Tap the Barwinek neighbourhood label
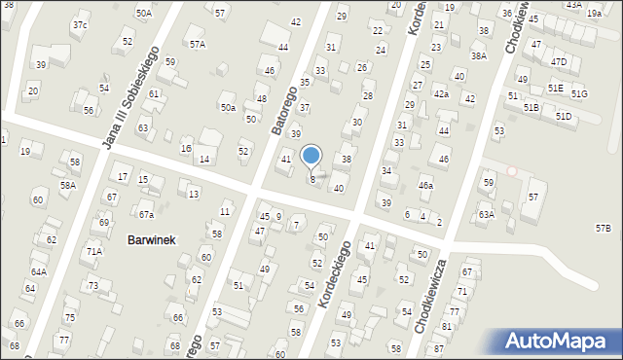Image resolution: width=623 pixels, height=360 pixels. pos(151,240)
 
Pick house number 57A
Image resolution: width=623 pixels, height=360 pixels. pos(198,44)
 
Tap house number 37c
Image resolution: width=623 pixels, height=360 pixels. pos(79,24)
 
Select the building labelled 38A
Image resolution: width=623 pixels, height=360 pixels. pos(479,55)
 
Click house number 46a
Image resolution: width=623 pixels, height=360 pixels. pos(425,185)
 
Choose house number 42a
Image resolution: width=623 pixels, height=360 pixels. pos(441,93)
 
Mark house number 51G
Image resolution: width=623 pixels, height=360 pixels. pos(579,93)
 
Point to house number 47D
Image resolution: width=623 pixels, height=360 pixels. pos(558,61)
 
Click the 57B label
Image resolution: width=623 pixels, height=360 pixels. pos(604,228)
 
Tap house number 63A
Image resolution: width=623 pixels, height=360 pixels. pos(486,214)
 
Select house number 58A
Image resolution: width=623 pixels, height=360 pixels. pos(67,185)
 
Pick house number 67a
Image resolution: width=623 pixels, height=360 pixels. pos(146,214)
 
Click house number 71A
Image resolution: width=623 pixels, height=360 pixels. pos(94,251)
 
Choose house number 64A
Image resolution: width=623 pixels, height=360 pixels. pos(39,272)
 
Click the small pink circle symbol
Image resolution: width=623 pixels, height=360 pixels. pos(512,171)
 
